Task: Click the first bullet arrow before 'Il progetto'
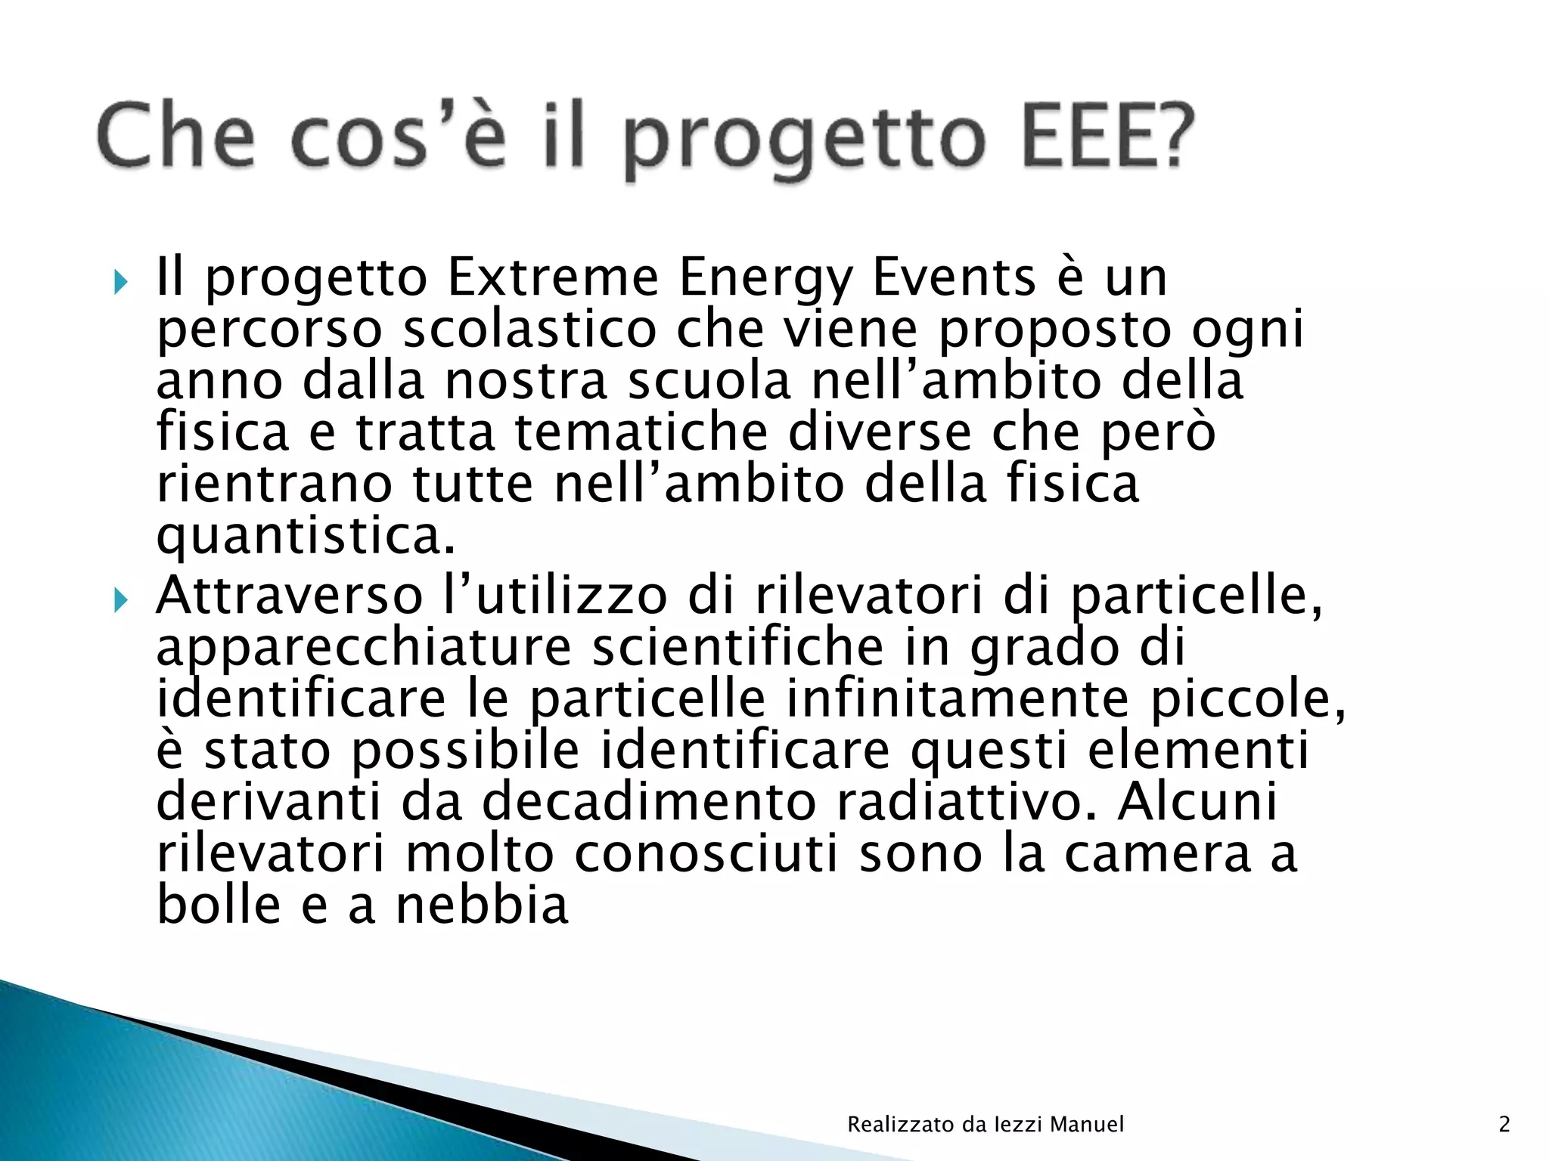click(121, 283)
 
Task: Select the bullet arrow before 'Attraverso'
click(121, 602)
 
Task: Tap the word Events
click(954, 277)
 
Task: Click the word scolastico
click(529, 330)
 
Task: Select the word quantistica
click(306, 537)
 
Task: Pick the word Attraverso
click(289, 596)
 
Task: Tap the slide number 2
click(1504, 1124)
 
